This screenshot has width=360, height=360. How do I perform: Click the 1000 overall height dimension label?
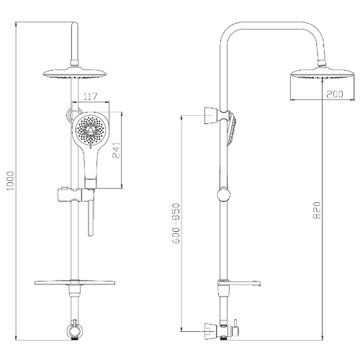coord(10,181)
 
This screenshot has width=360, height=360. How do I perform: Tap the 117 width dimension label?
coord(91,96)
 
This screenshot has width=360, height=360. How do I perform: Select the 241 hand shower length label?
coord(116,150)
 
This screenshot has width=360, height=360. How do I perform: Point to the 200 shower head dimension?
coord(334,94)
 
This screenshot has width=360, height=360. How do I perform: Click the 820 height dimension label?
coord(317,210)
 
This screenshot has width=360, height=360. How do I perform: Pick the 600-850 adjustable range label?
coord(176,224)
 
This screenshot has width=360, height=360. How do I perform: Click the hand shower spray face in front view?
coord(91,130)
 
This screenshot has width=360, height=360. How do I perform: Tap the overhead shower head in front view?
coord(74,73)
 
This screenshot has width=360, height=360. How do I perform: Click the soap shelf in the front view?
coord(74,282)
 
